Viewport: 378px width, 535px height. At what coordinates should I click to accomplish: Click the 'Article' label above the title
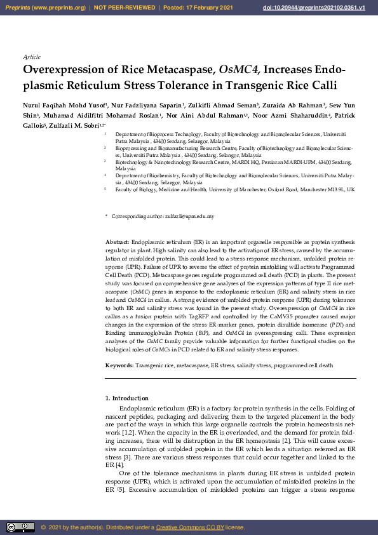(x=31, y=57)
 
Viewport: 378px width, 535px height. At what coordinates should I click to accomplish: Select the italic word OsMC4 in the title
(x=238, y=70)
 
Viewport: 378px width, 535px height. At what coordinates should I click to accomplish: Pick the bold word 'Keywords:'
(x=119, y=366)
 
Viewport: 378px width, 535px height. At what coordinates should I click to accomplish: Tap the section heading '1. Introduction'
(x=127, y=398)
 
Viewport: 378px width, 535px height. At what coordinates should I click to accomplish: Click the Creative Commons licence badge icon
(x=20, y=527)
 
